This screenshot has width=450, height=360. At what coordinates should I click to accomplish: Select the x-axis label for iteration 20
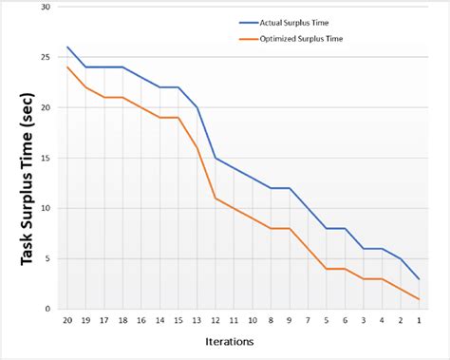67,321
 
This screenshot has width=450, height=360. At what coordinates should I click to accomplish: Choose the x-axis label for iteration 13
197,321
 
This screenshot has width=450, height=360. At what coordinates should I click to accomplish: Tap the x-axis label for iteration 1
419,321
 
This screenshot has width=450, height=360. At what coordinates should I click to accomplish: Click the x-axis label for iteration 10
252,321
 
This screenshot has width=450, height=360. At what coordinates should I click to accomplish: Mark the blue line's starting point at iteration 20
67,47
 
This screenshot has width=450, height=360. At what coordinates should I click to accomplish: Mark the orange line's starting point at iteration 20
67,67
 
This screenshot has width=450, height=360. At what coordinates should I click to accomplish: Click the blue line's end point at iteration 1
419,278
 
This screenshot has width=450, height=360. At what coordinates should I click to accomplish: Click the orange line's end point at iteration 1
419,299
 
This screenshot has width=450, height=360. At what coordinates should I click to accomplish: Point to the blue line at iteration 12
216,158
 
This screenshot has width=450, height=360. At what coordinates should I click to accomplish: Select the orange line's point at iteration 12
216,198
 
